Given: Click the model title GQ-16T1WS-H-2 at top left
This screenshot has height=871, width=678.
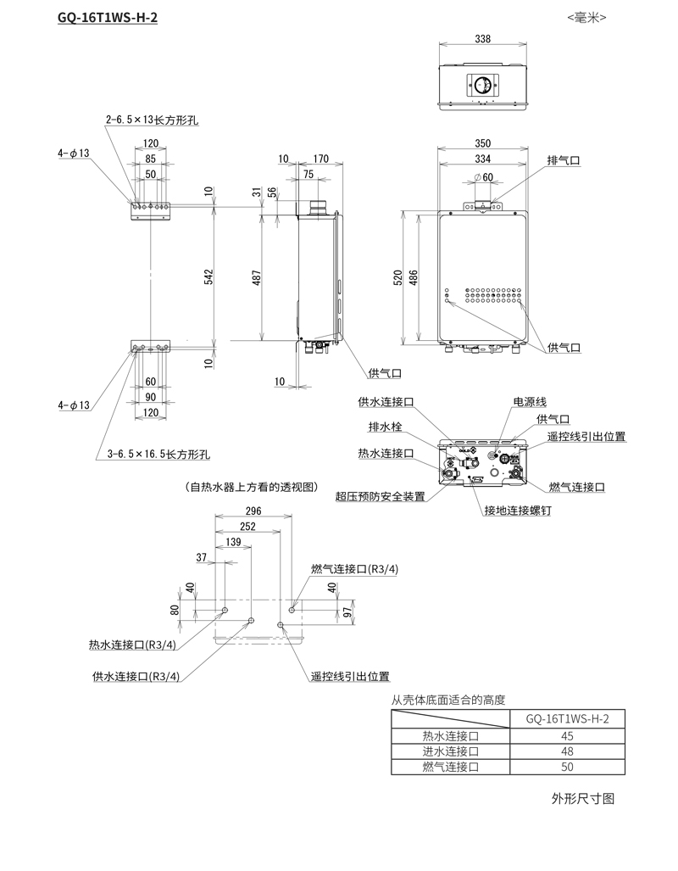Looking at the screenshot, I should point(108,17).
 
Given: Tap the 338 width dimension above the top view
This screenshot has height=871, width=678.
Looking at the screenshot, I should point(482,39).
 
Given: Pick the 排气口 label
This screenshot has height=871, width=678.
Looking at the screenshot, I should point(564,160).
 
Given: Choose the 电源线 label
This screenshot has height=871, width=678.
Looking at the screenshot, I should point(530,400).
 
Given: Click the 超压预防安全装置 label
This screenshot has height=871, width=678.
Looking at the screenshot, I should point(381,496).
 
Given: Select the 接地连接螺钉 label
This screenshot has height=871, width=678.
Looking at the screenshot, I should point(517,511).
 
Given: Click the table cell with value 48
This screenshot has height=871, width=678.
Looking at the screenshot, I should point(567,751).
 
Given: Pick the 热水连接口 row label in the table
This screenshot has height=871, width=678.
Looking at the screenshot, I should point(450,735).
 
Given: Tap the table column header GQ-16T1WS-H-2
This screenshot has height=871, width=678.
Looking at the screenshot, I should point(567,718).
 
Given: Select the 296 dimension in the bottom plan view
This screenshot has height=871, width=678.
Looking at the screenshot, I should point(253,511).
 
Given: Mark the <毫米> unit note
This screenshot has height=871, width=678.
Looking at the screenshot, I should point(587,17).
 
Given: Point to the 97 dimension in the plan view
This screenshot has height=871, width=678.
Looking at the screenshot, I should point(348,612).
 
